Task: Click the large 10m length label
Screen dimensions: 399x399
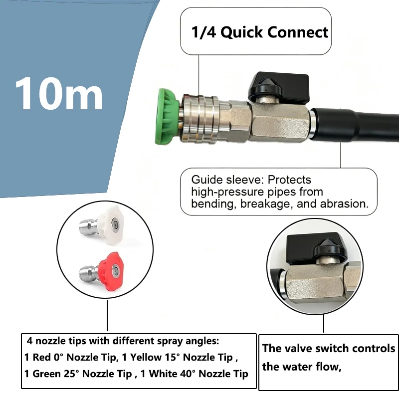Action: [59, 93]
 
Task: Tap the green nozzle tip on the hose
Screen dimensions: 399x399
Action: [167, 116]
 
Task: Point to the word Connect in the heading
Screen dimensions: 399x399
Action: [298, 32]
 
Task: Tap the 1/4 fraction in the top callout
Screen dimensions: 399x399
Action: [203, 32]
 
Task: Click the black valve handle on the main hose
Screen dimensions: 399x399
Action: [279, 88]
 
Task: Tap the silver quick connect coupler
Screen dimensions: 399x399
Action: [200, 118]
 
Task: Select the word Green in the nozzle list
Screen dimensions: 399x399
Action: [46, 374]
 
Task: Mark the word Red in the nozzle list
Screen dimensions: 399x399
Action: [41, 357]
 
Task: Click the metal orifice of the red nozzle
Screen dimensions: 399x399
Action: [116, 270]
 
